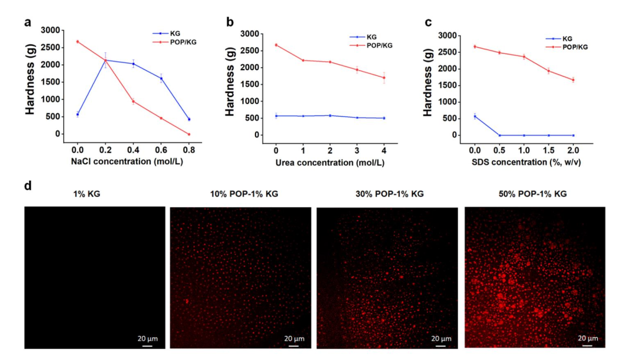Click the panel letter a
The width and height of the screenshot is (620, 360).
point(27,23)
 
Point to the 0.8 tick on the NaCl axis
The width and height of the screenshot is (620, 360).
point(189,146)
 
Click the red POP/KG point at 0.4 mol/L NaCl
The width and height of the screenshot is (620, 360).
point(133,102)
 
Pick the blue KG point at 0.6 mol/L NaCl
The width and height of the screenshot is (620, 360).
point(161,79)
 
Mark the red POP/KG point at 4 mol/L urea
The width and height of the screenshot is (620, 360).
point(383,78)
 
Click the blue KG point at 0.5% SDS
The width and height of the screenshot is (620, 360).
point(500,136)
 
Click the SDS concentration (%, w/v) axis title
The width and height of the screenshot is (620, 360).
point(524,162)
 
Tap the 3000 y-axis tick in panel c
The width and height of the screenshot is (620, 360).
point(448,36)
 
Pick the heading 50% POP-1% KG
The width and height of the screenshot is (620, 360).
point(533,194)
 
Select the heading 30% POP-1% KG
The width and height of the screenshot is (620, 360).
point(390,194)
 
